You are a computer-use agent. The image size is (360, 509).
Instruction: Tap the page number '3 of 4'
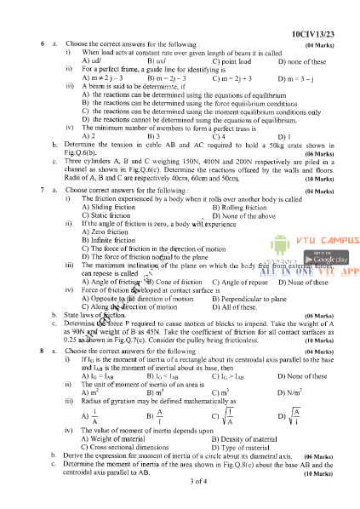click(180, 482)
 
